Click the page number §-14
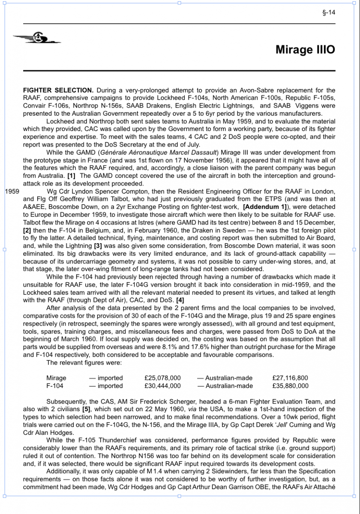329,12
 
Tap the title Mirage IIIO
305,50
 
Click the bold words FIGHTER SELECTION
58,90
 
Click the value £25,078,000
163,378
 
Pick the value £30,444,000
163,385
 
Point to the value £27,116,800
290,378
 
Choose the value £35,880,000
290,385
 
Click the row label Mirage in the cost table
56,378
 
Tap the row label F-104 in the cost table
55,385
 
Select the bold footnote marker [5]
87,409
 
